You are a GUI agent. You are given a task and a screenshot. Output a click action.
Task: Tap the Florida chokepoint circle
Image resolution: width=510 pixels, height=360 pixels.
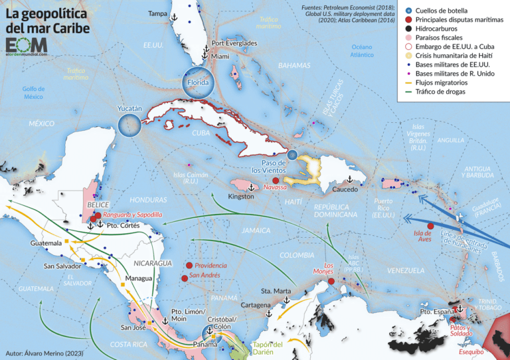(197, 82)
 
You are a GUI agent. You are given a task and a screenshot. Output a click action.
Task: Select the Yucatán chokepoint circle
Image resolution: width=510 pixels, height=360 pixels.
(129, 124)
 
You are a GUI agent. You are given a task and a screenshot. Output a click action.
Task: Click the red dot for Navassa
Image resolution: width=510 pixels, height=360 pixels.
(275, 180)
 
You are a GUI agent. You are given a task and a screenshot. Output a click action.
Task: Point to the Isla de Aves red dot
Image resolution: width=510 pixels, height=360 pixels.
(430, 226)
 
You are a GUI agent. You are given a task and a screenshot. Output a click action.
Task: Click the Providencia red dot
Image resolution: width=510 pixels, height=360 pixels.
(189, 265)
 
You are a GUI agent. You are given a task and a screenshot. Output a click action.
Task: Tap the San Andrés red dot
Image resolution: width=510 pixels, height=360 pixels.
(184, 278)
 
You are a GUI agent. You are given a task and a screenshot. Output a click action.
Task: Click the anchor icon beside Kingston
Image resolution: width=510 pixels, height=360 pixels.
(251, 189)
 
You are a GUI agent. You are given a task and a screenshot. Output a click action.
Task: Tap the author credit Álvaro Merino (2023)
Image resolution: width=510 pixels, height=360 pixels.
(44, 353)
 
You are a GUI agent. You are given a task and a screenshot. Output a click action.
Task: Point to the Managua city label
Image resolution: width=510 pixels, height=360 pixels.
(139, 278)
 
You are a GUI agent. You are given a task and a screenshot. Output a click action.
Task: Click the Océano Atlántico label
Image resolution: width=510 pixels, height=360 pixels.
(362, 52)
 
